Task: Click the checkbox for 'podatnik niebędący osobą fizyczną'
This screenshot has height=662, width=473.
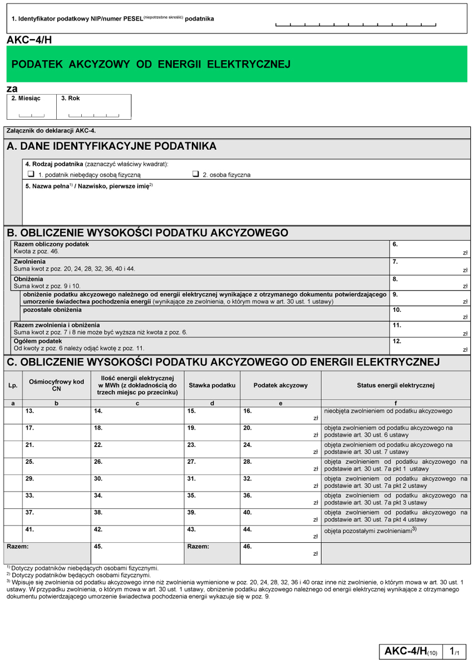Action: coord(31,174)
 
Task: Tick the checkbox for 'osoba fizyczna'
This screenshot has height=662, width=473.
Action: coord(196,174)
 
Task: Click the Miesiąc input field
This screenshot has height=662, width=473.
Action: coord(31,111)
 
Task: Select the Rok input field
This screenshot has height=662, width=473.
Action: coord(93,111)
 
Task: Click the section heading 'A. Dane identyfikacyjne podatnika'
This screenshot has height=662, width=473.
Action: coord(111,146)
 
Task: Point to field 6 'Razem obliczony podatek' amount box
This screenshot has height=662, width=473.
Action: coord(430,249)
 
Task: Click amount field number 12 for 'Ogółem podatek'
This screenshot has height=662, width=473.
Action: coord(430,346)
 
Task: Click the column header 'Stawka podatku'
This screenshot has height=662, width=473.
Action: coord(212,385)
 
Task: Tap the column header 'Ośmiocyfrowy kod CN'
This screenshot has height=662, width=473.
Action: coord(56,385)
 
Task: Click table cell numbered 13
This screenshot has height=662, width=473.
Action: coord(56,415)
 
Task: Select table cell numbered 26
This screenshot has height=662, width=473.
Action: coord(137,466)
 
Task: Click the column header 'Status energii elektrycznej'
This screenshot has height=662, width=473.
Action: coord(396,385)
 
